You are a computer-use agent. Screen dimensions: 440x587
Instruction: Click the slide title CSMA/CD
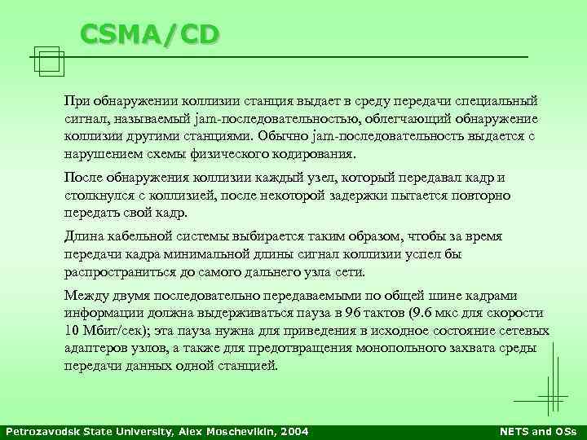click(x=149, y=34)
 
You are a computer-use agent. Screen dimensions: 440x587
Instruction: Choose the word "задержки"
click(x=334, y=196)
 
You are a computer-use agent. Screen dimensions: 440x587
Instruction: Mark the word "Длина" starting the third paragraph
click(x=82, y=236)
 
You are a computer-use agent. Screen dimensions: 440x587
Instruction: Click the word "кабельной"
click(x=137, y=236)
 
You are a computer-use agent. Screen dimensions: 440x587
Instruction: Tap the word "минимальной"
click(x=203, y=254)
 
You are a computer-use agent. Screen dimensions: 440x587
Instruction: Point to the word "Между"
click(x=84, y=296)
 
